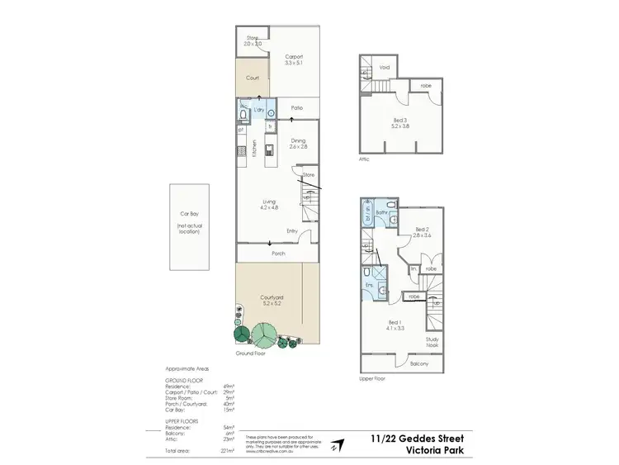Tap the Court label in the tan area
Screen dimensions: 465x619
253,78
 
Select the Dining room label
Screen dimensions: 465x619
298,140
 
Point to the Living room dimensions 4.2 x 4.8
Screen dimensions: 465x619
269,206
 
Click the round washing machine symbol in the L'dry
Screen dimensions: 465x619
271,113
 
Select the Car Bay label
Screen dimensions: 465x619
188,212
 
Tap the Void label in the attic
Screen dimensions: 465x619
385,68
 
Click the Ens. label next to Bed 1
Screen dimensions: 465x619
371,285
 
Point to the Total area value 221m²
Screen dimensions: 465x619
228,451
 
